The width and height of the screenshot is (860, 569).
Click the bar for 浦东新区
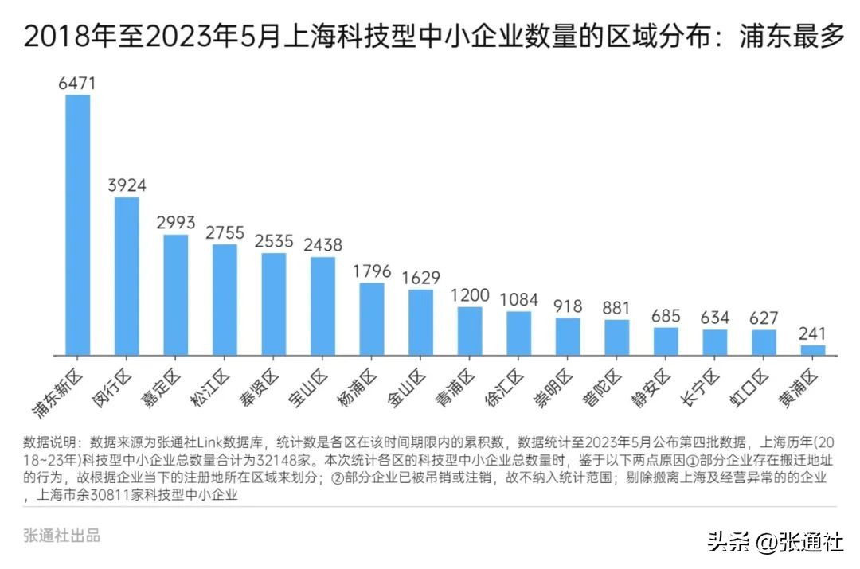[x=77, y=224]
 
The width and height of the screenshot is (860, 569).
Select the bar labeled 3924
[x=127, y=275]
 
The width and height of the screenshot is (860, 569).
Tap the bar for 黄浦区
[x=812, y=349]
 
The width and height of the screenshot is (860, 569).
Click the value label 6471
[x=77, y=83]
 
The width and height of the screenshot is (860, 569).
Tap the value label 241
[x=812, y=333]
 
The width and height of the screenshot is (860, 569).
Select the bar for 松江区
[x=225, y=299]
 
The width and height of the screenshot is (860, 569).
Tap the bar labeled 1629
[x=420, y=322]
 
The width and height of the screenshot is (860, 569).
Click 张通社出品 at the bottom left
[x=62, y=536]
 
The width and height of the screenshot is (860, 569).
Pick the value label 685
[x=665, y=316]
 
